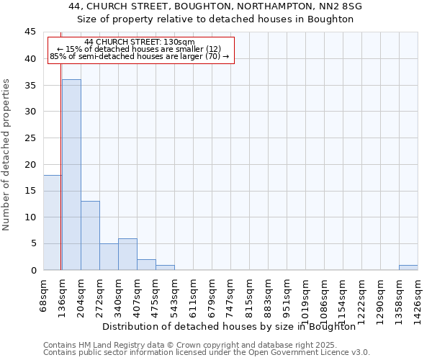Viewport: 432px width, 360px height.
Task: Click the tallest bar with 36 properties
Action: click(71, 175)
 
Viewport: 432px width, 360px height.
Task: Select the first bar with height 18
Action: click(52, 222)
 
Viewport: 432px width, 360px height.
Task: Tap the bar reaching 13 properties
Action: click(90, 235)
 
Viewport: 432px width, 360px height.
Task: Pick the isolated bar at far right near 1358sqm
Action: click(408, 267)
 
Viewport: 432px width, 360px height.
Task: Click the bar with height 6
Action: click(127, 254)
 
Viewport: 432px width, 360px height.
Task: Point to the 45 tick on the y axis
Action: click(30, 32)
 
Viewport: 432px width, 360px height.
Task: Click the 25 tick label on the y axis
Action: click(30, 138)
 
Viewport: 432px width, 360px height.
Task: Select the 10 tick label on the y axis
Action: click(30, 217)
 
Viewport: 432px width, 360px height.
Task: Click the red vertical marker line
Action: click(61, 180)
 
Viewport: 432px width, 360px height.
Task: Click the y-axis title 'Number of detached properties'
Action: click(7, 155)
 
